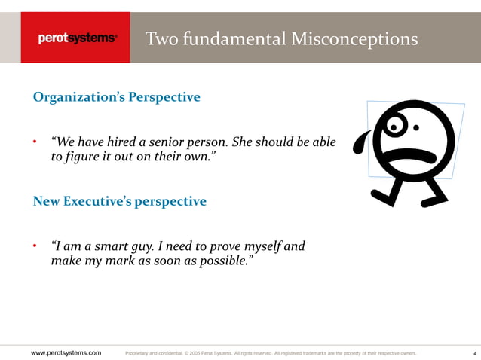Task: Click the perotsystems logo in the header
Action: (78, 38)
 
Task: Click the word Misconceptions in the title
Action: (354, 38)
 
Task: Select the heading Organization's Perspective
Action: (116, 97)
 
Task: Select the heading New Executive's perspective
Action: (119, 201)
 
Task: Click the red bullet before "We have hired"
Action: (35, 143)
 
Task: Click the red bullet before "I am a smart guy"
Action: (35, 247)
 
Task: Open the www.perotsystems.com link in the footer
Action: (66, 352)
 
